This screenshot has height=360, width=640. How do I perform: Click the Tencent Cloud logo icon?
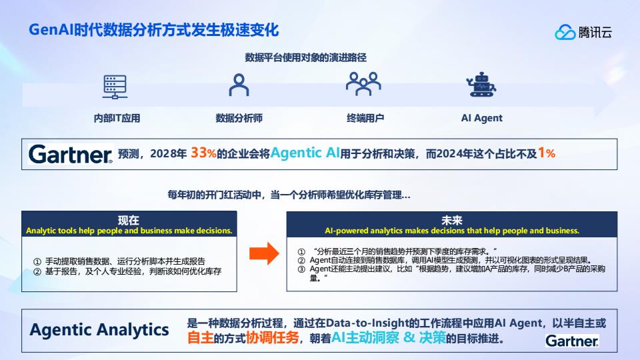pyautogui.click(x=565, y=32)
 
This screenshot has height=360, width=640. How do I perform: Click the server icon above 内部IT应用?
pyautogui.click(x=115, y=87)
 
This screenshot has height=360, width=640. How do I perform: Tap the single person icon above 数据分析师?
pyautogui.click(x=239, y=85)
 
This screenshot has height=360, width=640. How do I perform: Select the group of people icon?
pyautogui.click(x=363, y=84)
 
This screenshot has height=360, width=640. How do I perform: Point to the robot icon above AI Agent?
pyautogui.click(x=481, y=85)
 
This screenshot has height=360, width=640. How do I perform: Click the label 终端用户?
pyautogui.click(x=365, y=119)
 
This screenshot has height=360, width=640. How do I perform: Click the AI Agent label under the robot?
pyautogui.click(x=481, y=119)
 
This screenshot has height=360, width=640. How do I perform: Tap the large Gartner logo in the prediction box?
pyautogui.click(x=70, y=154)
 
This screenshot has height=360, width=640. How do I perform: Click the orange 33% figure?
pyautogui.click(x=203, y=153)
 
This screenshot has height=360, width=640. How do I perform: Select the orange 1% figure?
pyautogui.click(x=547, y=153)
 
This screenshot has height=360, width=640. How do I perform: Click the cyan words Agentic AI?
pyautogui.click(x=305, y=153)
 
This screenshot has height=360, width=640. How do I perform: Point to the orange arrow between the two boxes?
pyautogui.click(x=264, y=253)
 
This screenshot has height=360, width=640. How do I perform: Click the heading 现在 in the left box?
pyautogui.click(x=129, y=221)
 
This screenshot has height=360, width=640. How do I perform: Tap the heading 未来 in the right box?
pyautogui.click(x=452, y=221)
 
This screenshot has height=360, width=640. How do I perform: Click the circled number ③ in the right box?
pyautogui.click(x=301, y=269)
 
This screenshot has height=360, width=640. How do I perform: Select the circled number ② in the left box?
pyautogui.click(x=37, y=272)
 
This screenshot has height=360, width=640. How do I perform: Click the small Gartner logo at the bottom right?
pyautogui.click(x=572, y=341)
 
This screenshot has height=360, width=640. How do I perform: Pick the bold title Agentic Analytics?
pyautogui.click(x=99, y=330)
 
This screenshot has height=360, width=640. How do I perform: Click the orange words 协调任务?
pyautogui.click(x=272, y=337)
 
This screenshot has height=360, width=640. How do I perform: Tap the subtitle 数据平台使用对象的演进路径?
pyautogui.click(x=306, y=57)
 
